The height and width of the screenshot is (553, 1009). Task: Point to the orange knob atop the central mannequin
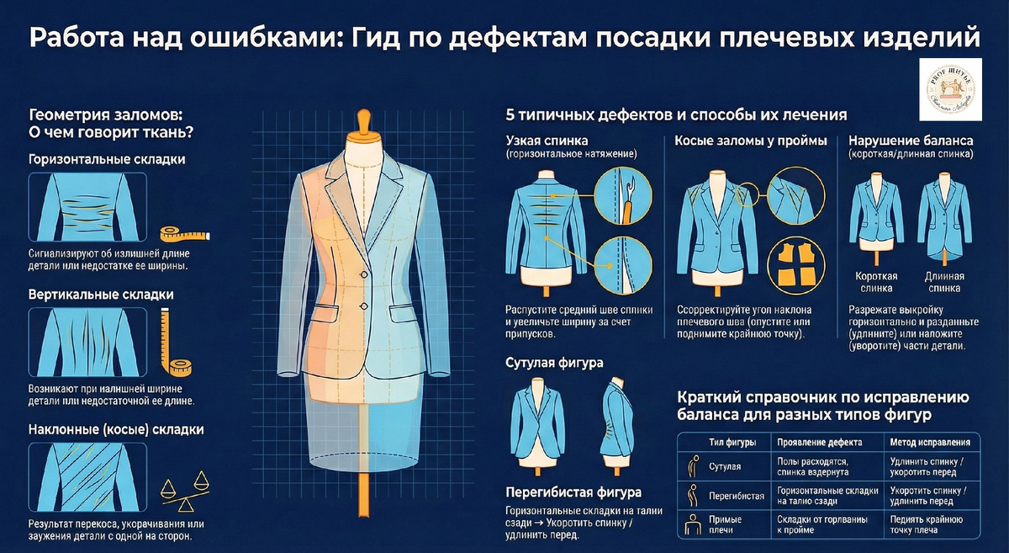[x=363, y=120]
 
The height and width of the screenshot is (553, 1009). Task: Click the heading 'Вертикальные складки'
[x=101, y=295]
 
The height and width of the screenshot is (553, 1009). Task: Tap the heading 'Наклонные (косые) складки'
[x=116, y=429]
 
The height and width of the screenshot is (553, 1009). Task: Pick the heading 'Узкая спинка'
[x=547, y=140]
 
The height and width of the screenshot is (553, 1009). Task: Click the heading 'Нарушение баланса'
[x=911, y=140]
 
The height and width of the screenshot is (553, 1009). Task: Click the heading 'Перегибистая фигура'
[x=573, y=492]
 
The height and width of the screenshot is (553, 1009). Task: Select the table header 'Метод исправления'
[x=930, y=442]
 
